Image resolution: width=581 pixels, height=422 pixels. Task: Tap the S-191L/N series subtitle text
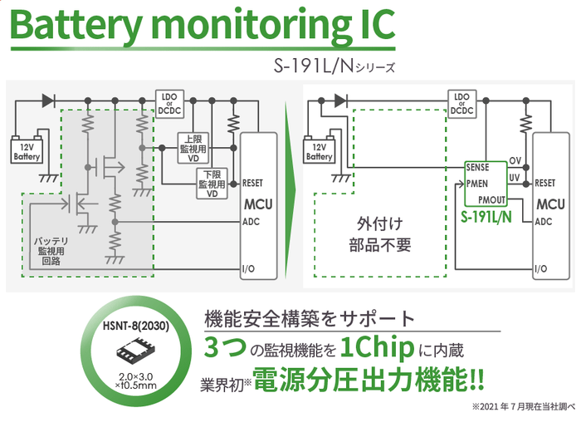tap(340, 66)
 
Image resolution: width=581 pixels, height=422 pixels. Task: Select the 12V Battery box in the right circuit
tap(320, 151)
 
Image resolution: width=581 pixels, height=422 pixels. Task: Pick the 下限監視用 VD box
tap(212, 183)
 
